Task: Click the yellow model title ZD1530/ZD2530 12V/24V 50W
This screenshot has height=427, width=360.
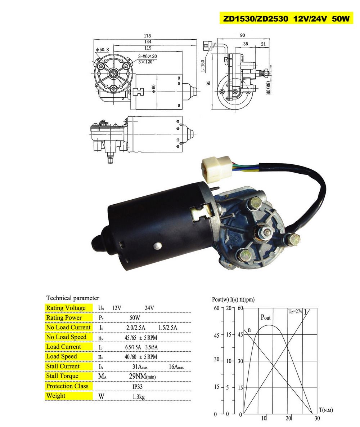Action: click(287, 19)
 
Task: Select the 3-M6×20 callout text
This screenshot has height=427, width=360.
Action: click(147, 57)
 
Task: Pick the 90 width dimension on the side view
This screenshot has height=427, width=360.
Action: click(242, 35)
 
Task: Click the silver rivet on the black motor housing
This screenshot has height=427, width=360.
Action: click(157, 246)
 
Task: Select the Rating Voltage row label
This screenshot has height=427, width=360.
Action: click(66, 308)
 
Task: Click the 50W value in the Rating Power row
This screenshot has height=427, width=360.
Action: click(135, 318)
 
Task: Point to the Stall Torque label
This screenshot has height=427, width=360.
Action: click(62, 376)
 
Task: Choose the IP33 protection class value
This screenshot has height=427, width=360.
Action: click(138, 386)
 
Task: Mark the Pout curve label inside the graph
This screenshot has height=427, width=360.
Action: click(266, 318)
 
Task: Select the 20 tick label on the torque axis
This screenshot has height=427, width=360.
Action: click(288, 418)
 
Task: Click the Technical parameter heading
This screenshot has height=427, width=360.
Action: click(73, 298)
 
